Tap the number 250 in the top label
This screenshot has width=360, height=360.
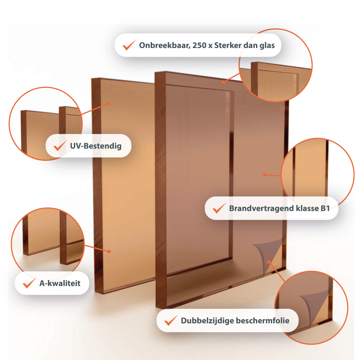(199, 46)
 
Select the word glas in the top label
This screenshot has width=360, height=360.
(267, 46)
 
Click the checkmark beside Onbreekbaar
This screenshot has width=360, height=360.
(129, 45)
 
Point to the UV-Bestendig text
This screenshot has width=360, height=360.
(96, 146)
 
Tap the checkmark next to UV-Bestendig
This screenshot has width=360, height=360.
(60, 146)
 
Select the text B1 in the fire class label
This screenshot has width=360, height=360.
(325, 208)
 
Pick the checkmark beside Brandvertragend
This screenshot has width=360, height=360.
(219, 208)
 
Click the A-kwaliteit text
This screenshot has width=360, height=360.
(60, 283)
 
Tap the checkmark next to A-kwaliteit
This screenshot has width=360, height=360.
(29, 283)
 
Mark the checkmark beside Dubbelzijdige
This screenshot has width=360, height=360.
(171, 320)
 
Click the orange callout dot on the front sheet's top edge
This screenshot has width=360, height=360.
(223, 82)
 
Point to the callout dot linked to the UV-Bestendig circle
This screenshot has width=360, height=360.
(108, 104)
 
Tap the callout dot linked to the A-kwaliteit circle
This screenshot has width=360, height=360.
(109, 252)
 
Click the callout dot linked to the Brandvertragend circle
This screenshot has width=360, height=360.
(264, 175)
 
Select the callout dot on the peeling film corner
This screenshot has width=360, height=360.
(269, 262)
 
